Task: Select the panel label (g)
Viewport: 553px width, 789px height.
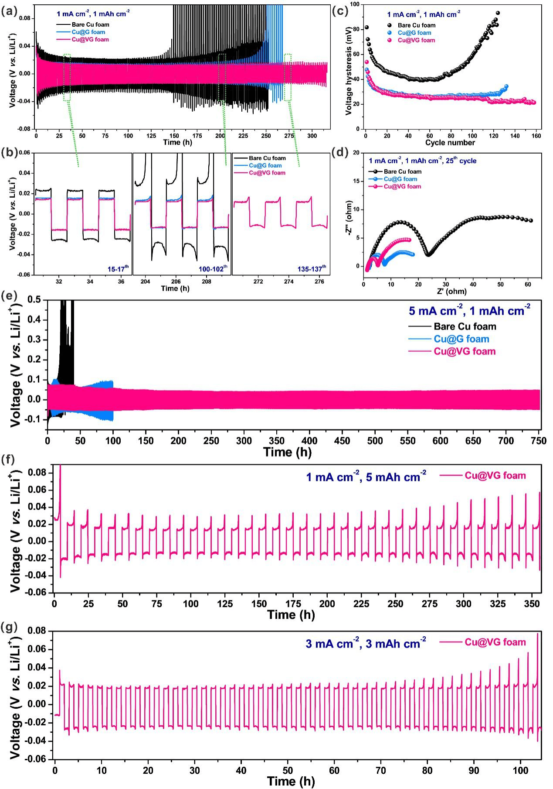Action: (x=9, y=628)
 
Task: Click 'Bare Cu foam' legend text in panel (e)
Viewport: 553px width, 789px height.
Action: (x=465, y=326)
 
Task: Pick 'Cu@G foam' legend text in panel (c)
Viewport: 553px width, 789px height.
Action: (x=414, y=33)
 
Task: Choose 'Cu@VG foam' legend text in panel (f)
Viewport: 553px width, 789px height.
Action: (x=495, y=476)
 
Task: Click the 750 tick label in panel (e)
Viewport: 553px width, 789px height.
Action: (x=539, y=441)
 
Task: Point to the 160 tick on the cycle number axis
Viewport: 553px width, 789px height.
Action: (x=536, y=136)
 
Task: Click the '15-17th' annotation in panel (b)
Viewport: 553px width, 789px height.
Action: (x=116, y=268)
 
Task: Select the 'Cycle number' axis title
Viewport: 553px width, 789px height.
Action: (x=450, y=143)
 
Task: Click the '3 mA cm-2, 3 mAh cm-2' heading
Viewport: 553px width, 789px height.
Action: (x=366, y=643)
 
